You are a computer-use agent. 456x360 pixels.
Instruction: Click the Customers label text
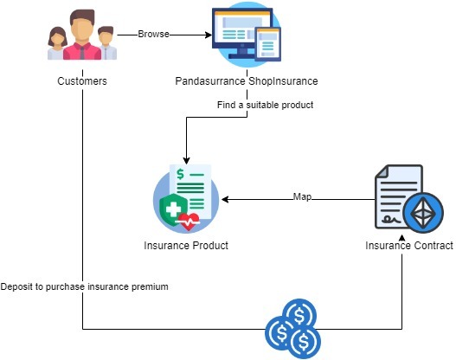[82, 82]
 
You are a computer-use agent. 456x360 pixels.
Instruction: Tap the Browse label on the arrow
[154, 35]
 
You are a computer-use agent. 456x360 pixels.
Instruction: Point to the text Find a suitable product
[265, 105]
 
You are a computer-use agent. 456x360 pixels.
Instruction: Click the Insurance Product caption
[185, 246]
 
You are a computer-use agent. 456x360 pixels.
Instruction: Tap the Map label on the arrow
[302, 197]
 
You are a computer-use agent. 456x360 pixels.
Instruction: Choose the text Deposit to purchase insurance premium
[85, 286]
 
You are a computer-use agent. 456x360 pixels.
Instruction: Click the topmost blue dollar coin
[299, 313]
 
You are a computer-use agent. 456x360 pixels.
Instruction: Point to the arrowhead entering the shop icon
[208, 35]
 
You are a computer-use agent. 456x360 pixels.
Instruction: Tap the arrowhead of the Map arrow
[224, 198]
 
